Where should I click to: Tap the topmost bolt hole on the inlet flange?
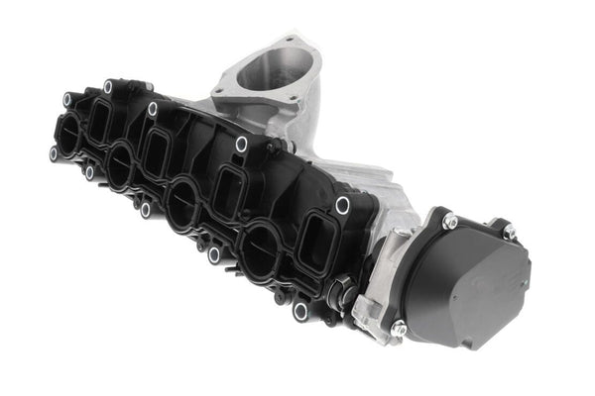pos(289,41)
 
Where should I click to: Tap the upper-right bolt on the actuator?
pos(509,231)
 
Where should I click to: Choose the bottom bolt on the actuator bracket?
pos(398,328)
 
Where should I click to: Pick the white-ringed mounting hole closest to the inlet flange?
pos(241,145)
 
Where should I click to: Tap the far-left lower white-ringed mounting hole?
pos(54,153)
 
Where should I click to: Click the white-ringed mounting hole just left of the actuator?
pos(342,205)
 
